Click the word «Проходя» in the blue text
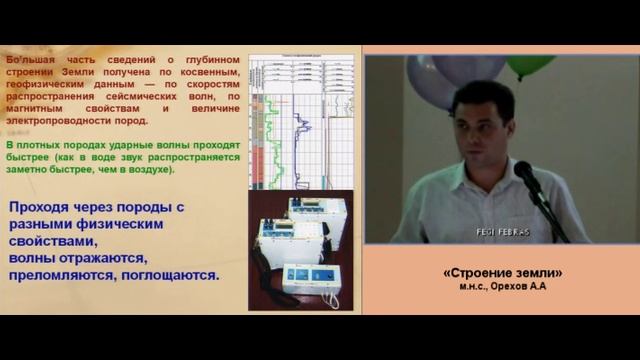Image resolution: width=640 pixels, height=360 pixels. [x=42, y=207]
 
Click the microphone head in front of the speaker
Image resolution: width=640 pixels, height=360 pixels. [x=524, y=174]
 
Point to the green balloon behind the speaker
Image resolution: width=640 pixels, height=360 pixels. [x=529, y=66]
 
